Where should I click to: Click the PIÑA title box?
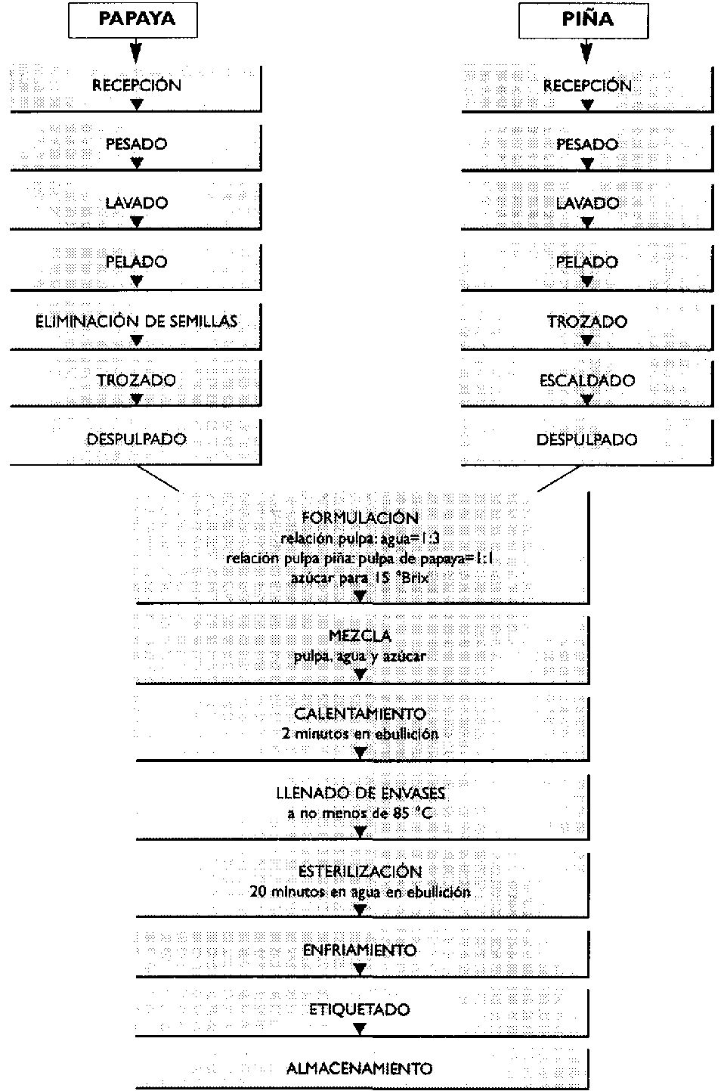(587, 19)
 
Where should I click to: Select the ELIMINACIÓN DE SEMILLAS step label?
(137, 321)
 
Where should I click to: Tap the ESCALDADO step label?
(587, 380)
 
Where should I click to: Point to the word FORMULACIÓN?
(360, 518)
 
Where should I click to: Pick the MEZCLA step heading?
(360, 636)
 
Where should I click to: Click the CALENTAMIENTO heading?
(360, 714)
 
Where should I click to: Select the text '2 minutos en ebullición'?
(360, 733)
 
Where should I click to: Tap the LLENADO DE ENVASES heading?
(360, 794)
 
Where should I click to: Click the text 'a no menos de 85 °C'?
(360, 814)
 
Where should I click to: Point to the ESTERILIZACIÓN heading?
(360, 872)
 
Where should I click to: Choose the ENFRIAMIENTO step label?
(360, 950)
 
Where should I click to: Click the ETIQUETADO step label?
(360, 1009)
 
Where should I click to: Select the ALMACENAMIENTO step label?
(360, 1069)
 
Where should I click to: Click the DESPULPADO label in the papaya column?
(137, 439)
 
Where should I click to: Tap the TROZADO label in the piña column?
(587, 321)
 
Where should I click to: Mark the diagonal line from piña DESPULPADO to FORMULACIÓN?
(559, 479)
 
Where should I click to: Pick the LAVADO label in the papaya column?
(137, 203)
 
